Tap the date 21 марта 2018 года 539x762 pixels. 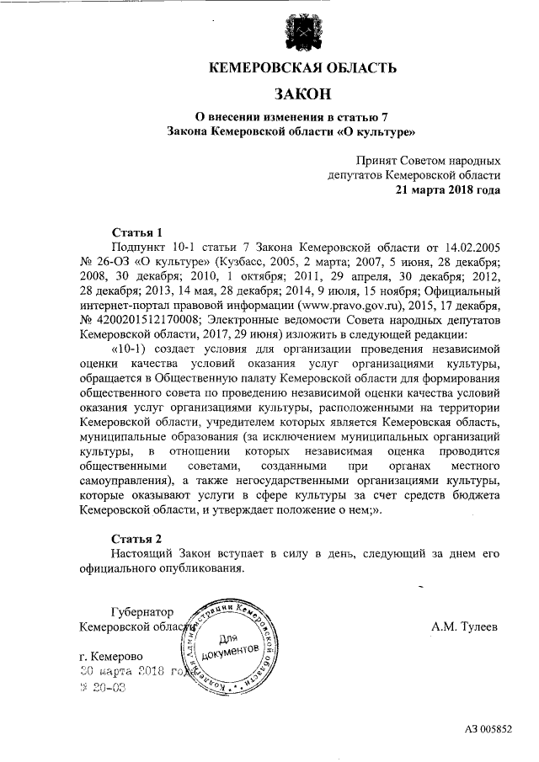click(448, 189)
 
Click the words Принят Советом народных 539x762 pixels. click(427, 160)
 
